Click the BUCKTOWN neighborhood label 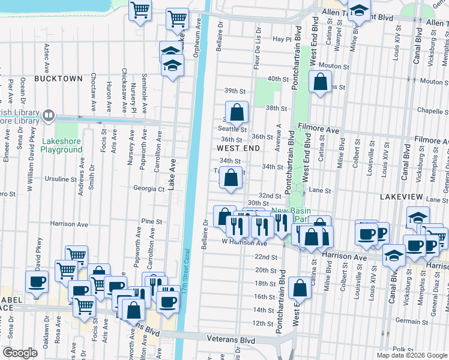[x=58, y=79]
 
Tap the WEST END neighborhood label [x=238, y=148]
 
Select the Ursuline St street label [x=61, y=179]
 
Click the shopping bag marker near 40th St [x=321, y=82]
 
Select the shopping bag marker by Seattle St [x=238, y=112]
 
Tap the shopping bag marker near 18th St [x=300, y=289]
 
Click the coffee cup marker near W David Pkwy [x=37, y=282]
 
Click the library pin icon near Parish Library [x=50, y=115]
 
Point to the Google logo [x=20, y=353]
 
